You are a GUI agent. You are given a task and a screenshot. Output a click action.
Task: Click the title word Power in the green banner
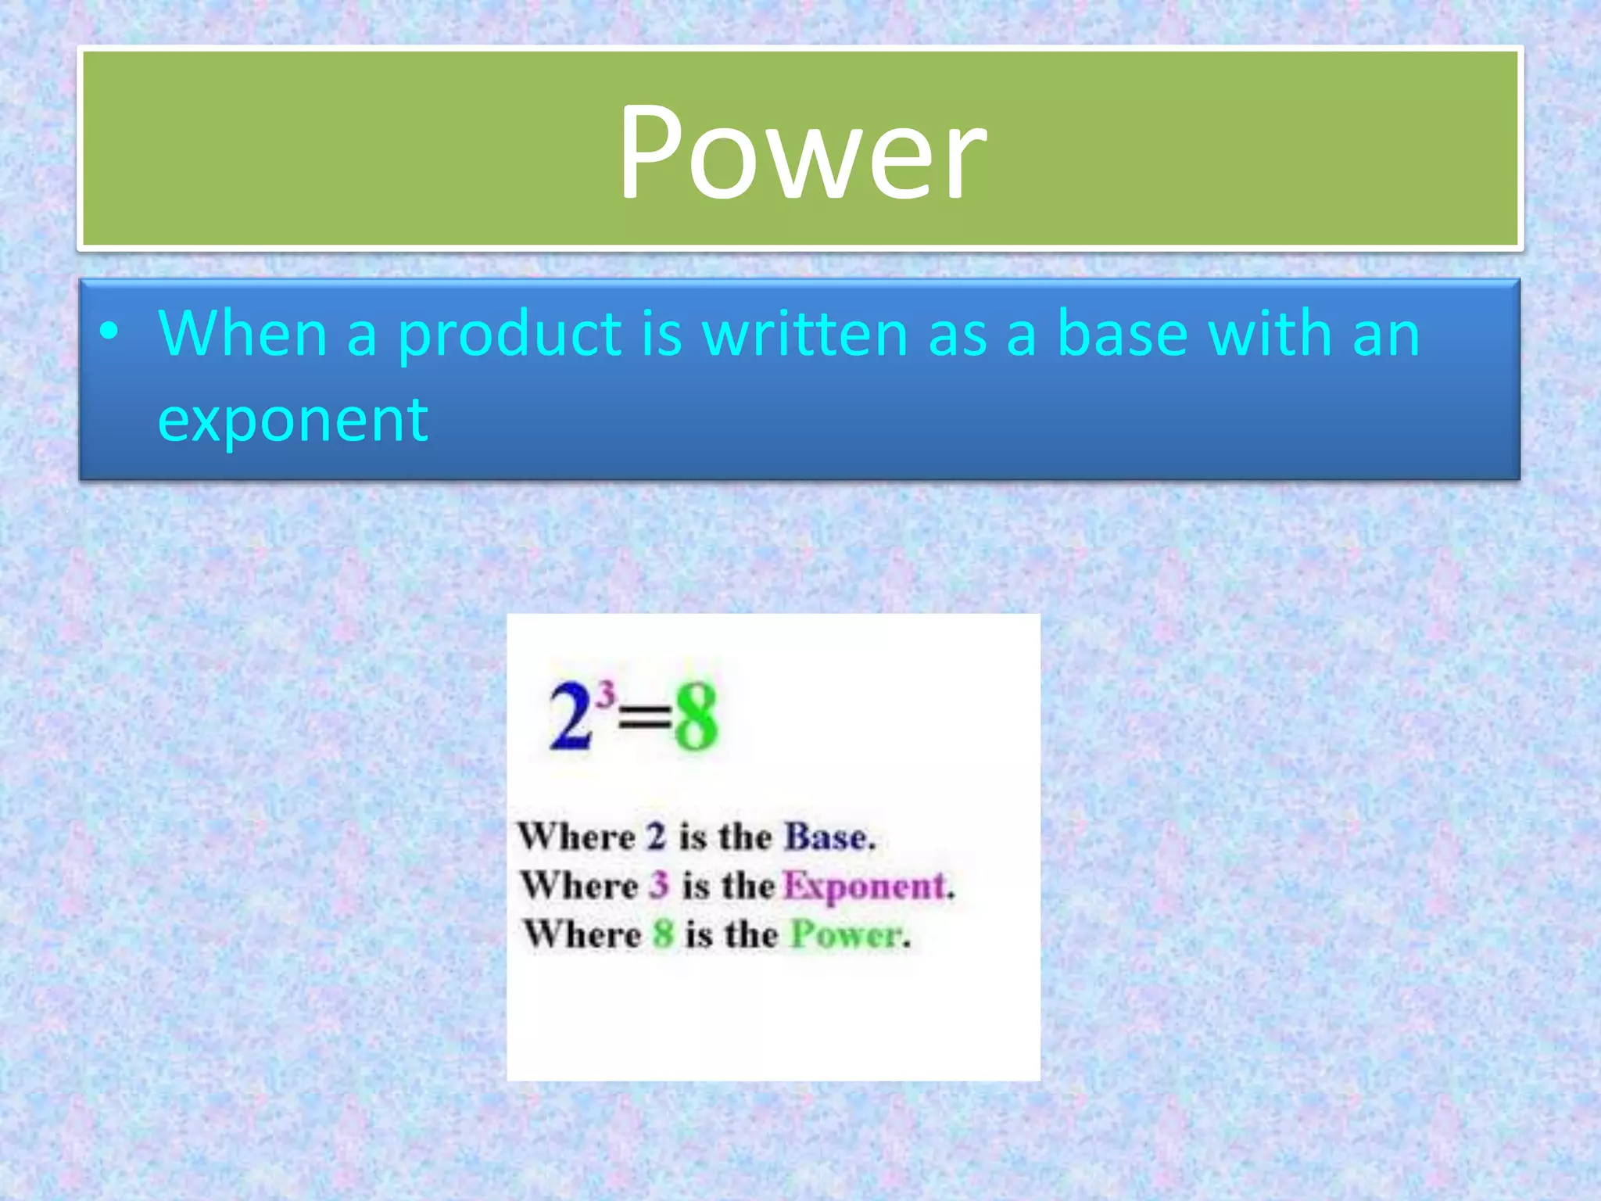point(802,151)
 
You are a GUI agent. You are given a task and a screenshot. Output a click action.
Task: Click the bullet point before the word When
point(109,333)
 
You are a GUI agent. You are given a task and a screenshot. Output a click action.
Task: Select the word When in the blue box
point(242,334)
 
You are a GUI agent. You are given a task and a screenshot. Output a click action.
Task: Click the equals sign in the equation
point(645,718)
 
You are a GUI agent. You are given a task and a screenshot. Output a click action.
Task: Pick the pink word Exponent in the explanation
point(865,886)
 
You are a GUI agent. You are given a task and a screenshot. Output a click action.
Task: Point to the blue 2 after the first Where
point(656,837)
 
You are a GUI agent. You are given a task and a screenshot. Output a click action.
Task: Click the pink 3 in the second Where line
point(660,886)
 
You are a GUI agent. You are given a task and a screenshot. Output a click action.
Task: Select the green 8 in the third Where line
point(663,934)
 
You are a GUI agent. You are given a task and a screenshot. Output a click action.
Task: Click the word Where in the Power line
point(582,934)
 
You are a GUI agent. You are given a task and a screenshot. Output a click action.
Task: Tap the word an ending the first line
point(1386,334)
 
